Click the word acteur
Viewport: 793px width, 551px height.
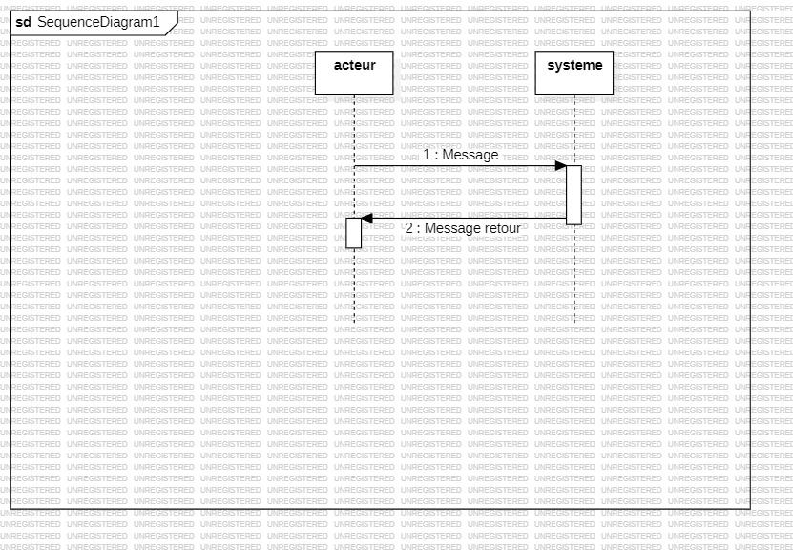coord(354,65)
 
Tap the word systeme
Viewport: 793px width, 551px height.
coord(574,65)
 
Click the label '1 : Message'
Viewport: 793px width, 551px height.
coord(461,155)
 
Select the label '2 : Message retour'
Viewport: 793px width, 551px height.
coord(463,228)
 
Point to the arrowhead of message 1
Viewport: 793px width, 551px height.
coord(561,166)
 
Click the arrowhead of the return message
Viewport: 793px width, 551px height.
coord(366,218)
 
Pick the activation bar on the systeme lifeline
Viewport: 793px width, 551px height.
coord(574,195)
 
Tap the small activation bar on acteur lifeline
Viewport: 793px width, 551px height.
coord(353,233)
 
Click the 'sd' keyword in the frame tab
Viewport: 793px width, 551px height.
coord(23,21)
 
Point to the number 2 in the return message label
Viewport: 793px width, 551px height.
coord(408,228)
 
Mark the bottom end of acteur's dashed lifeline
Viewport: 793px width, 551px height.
coord(353,322)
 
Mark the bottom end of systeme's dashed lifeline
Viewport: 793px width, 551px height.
coord(574,322)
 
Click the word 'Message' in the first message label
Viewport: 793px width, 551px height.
coord(470,155)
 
